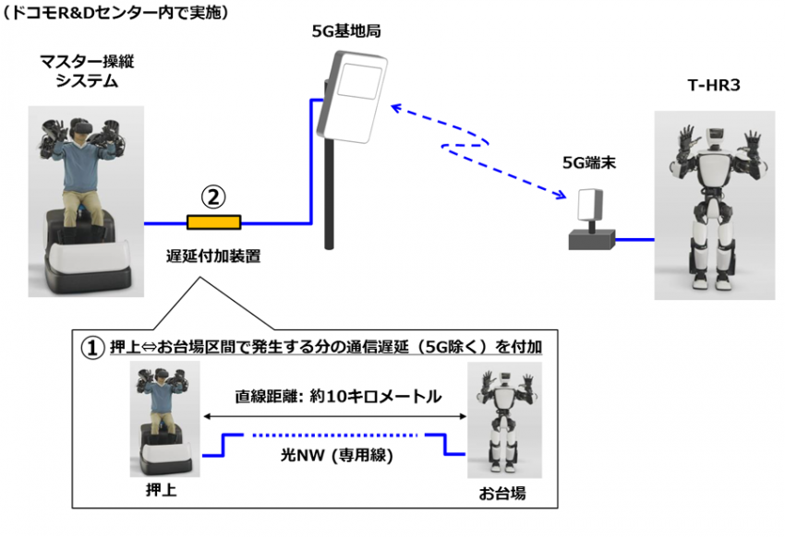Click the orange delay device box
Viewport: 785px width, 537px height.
[x=213, y=222]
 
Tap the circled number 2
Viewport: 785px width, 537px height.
[x=213, y=197]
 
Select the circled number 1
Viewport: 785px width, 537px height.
[x=92, y=347]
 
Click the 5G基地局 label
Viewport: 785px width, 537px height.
[x=346, y=31]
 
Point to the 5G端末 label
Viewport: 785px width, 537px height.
[x=589, y=162]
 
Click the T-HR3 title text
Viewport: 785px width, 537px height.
[x=714, y=85]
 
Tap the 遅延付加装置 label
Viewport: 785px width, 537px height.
[x=213, y=256]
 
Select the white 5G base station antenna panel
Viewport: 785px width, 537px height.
[x=353, y=97]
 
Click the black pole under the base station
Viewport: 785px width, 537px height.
[x=329, y=194]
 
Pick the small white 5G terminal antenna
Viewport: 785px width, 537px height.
[x=590, y=205]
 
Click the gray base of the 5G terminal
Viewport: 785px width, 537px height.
[x=592, y=240]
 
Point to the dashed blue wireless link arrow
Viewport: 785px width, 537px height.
[x=478, y=150]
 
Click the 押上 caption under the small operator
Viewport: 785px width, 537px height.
[x=162, y=490]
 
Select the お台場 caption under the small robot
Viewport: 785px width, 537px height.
[x=502, y=494]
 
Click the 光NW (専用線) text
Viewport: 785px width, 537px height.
[x=336, y=456]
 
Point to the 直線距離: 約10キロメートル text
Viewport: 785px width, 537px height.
[x=338, y=397]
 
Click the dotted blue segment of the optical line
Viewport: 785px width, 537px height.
[x=334, y=436]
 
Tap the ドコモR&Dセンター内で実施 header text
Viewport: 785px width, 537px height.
[x=115, y=12]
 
